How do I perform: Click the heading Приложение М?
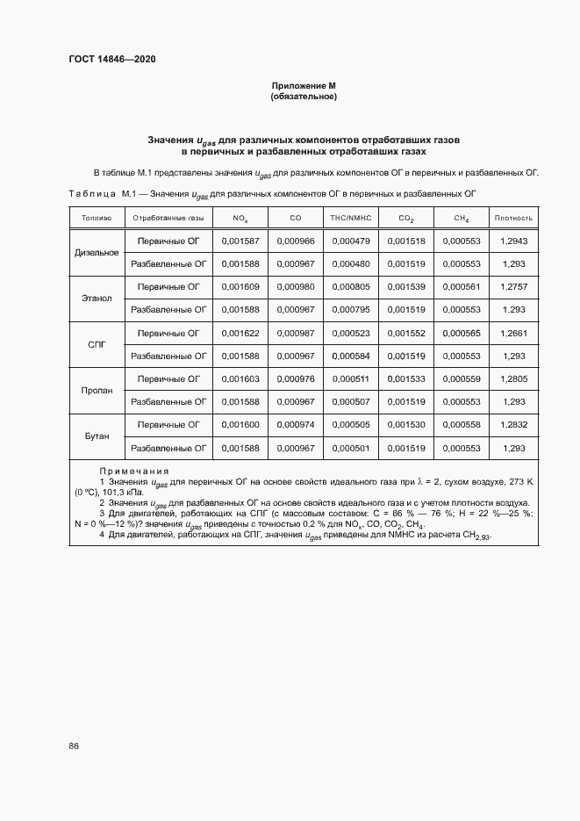(304, 86)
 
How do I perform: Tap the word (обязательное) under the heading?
(304, 97)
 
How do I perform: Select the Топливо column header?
(97, 218)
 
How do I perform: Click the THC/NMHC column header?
(351, 218)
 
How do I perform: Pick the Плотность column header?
(513, 218)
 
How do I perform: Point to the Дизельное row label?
(97, 252)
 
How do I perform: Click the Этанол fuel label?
(97, 298)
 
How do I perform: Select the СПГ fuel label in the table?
(97, 344)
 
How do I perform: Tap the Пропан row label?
(97, 390)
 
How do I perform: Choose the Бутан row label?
(97, 436)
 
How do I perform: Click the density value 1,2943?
(513, 241)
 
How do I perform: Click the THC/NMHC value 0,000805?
(351, 286)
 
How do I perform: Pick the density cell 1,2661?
(513, 333)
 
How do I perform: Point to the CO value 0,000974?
(295, 424)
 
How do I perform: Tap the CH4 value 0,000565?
(461, 333)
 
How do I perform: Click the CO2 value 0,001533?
(406, 378)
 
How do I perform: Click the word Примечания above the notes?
(133, 472)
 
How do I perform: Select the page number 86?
(74, 746)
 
